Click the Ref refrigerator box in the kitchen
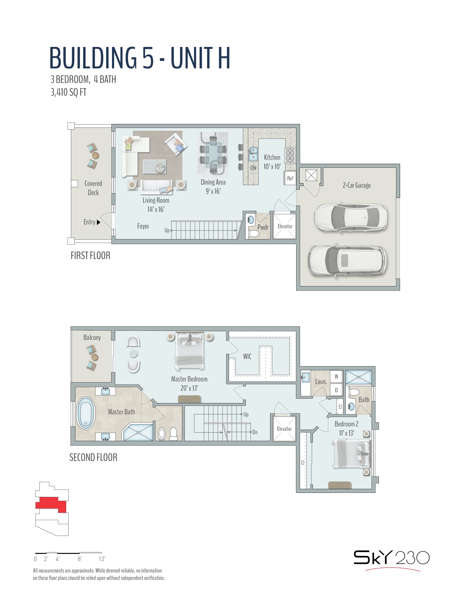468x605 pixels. [x=290, y=178]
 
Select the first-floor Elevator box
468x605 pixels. [x=285, y=226]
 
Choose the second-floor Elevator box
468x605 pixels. [x=284, y=429]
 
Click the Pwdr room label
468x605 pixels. [x=263, y=227]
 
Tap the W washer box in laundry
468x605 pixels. [x=336, y=376]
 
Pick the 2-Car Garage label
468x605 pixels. [x=357, y=185]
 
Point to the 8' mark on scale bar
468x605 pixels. [x=80, y=559]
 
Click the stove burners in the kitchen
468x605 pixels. [x=290, y=156]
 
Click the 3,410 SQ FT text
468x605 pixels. [x=68, y=92]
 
